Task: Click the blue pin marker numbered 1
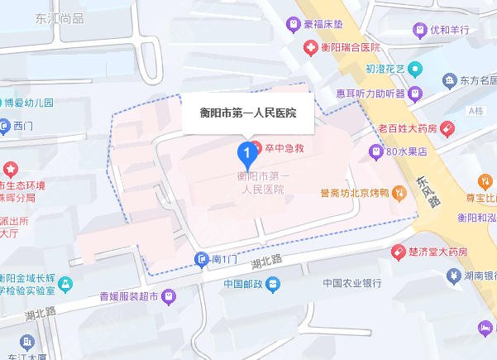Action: pyautogui.click(x=246, y=152)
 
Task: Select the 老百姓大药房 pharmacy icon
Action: pyautogui.click(x=447, y=128)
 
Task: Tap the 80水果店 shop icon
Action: pyautogui.click(x=375, y=151)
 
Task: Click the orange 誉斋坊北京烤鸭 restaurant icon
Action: pyautogui.click(x=399, y=194)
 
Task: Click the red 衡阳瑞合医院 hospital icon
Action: pyautogui.click(x=310, y=48)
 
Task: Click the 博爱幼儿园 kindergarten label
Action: pyautogui.click(x=31, y=103)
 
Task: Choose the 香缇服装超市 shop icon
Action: pyautogui.click(x=169, y=295)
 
